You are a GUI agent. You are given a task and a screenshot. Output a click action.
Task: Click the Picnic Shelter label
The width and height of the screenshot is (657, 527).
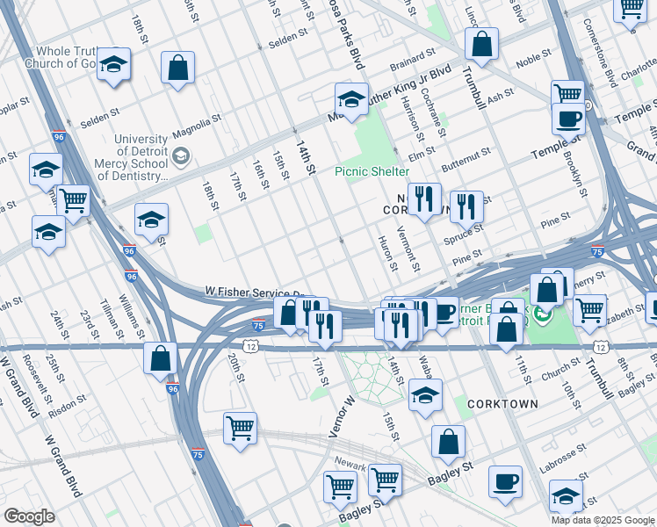(x=372, y=171)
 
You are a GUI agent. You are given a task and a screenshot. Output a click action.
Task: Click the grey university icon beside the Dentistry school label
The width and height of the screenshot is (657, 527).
(x=181, y=157)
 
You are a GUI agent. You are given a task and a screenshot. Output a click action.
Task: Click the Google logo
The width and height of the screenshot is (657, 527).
(x=29, y=516)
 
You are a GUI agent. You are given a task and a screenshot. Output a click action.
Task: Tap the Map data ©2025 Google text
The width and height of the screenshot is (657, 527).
(x=602, y=520)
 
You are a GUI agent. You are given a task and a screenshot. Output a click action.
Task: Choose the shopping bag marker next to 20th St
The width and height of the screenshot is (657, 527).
(x=160, y=358)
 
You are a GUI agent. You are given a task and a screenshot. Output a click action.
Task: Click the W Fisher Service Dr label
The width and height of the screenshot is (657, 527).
(x=255, y=291)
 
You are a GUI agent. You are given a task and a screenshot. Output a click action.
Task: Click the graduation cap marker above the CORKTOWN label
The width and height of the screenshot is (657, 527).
(x=425, y=395)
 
